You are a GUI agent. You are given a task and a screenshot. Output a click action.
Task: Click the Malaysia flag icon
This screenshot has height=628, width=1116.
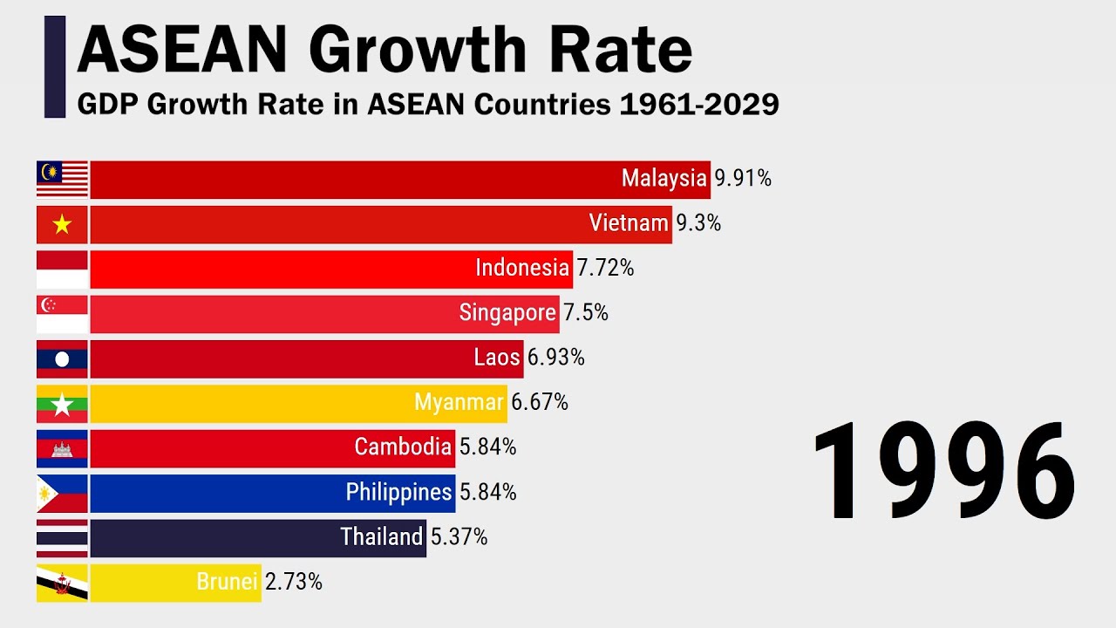click(x=62, y=180)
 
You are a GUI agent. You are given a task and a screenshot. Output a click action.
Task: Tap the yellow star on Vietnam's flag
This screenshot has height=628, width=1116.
click(x=62, y=225)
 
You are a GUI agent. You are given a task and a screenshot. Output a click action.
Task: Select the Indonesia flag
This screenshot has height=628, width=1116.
click(x=62, y=270)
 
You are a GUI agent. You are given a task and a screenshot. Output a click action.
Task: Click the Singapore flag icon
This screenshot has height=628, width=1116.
click(x=62, y=314)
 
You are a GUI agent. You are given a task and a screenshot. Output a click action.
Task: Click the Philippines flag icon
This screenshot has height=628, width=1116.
click(x=62, y=494)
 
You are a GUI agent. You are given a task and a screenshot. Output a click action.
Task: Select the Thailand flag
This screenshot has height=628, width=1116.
click(x=62, y=538)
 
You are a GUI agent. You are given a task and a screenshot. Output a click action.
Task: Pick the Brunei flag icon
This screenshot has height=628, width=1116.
click(x=62, y=583)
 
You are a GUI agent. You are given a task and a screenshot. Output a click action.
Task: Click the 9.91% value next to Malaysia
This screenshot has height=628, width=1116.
click(x=743, y=179)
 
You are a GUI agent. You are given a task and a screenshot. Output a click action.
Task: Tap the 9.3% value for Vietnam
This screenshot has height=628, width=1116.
click(x=698, y=224)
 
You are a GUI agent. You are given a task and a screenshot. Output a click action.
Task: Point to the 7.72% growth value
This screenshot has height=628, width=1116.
click(x=605, y=269)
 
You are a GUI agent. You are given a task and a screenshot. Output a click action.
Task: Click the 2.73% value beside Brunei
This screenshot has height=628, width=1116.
click(x=294, y=582)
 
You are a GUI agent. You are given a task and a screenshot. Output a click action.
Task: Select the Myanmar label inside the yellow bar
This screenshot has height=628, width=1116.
click(x=459, y=403)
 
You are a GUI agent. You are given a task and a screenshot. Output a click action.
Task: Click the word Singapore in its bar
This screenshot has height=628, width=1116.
click(x=507, y=313)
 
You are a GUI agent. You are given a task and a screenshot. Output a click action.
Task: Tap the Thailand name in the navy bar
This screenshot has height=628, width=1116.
click(x=381, y=536)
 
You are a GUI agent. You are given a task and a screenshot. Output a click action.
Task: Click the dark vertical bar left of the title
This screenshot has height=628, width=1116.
click(x=55, y=66)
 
